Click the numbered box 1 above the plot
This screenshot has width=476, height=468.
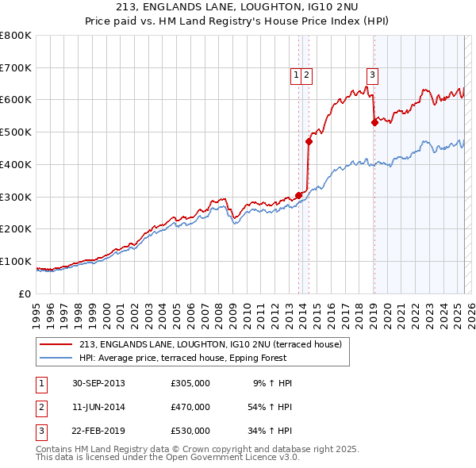coord(296,75)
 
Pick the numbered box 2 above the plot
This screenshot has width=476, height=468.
coord(306,75)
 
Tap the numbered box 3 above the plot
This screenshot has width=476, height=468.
coord(372,75)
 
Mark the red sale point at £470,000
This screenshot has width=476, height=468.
coord(309,142)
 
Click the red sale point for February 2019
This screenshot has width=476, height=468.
coord(374,123)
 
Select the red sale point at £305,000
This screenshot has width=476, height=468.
coord(299,195)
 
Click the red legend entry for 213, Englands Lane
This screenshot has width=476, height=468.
coord(209,344)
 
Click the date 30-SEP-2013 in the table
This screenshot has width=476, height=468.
coord(98,383)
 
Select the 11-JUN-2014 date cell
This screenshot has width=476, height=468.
coord(98,407)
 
